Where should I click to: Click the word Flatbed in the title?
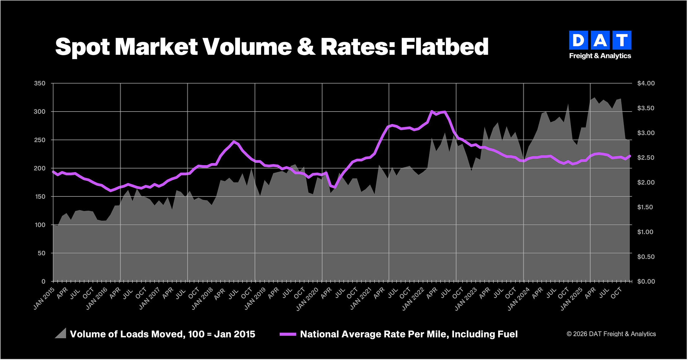click(444, 47)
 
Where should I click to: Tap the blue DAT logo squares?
click(600, 40)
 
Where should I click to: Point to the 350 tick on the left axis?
click(40, 83)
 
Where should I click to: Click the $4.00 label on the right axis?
click(646, 83)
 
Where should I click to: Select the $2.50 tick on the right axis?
click(646, 158)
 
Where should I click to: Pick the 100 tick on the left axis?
click(40, 225)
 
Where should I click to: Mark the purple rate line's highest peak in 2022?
click(432, 111)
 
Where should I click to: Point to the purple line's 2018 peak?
click(234, 142)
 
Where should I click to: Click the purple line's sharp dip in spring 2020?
click(335, 187)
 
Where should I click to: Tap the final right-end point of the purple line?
click(630, 156)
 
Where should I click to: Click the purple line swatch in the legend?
click(288, 334)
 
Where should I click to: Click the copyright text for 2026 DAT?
click(611, 334)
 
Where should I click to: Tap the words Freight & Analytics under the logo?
click(600, 56)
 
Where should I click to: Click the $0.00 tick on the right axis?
click(646, 281)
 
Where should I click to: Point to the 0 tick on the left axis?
click(43, 281)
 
